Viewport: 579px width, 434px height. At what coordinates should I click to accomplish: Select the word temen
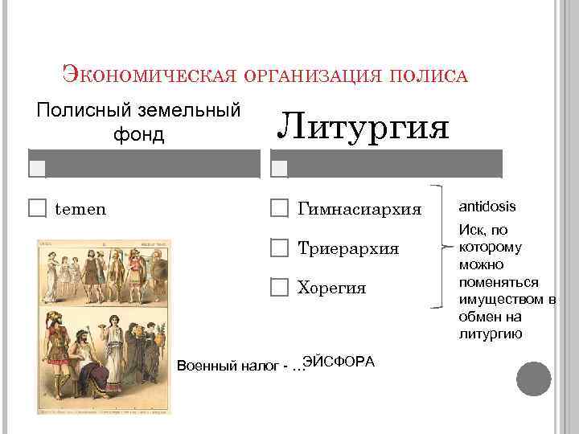(80, 209)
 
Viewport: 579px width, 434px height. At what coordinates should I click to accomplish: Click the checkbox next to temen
(37, 209)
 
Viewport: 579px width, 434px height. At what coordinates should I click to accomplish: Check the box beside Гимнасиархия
(278, 209)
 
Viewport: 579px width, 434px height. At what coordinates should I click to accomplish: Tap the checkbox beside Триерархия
(278, 248)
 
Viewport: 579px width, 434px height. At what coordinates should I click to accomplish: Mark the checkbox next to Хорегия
(278, 287)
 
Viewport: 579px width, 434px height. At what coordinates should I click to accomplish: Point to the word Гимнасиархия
(359, 210)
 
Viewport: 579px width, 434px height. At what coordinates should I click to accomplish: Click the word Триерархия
(348, 248)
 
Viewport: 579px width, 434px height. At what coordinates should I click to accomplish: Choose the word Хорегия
(331, 288)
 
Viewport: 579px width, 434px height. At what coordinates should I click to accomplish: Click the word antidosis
(487, 207)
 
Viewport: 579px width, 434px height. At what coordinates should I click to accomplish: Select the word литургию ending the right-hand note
(489, 334)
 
